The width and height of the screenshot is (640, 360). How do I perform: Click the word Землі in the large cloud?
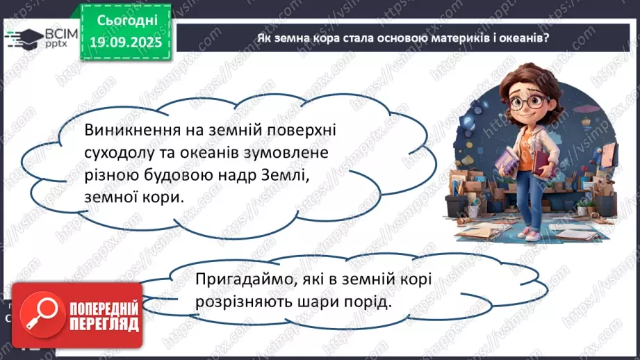[x=281, y=174]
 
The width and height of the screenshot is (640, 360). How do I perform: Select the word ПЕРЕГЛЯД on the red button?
[x=104, y=324]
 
